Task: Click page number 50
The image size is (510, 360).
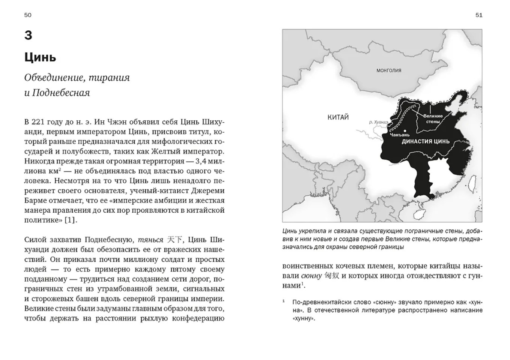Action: coord(28,15)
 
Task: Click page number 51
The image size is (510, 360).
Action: coord(478,15)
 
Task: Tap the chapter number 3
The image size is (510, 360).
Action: coord(28,35)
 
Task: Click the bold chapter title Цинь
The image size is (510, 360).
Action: coord(40,57)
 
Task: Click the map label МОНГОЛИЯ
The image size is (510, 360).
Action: coord(389,70)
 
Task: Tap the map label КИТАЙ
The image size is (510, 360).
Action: coord(338,117)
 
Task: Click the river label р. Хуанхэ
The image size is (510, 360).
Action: coord(378,122)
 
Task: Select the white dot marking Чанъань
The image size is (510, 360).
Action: coord(405,131)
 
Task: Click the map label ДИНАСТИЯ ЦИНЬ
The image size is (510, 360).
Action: coord(426,142)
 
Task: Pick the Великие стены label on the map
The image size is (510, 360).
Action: coord(433,119)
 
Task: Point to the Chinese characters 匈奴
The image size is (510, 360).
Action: coord(332,276)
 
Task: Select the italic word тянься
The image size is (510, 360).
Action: coord(150,240)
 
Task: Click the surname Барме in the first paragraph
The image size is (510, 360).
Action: coord(37,201)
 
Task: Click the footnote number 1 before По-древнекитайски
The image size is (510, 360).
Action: coord(284,301)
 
